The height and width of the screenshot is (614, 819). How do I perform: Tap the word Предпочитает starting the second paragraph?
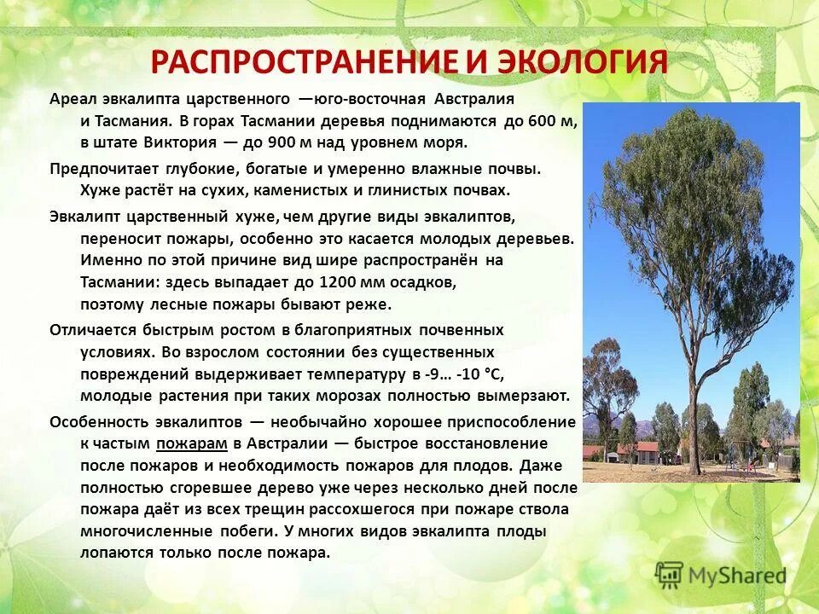point(101,168)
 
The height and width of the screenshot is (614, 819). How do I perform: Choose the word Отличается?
point(88,328)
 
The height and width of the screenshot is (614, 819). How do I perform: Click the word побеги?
point(247,530)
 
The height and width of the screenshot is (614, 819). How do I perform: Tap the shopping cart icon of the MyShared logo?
point(670,575)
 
